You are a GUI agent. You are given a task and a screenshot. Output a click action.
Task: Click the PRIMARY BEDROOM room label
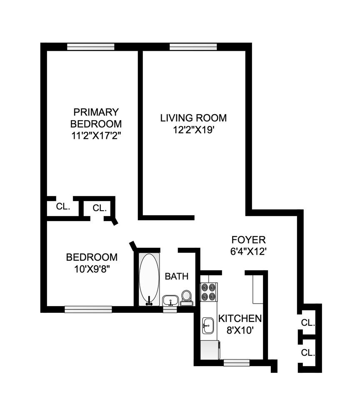click(96, 118)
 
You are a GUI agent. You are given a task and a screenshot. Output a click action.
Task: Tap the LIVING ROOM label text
click(194, 118)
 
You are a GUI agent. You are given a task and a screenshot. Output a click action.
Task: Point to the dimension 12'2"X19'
click(194, 130)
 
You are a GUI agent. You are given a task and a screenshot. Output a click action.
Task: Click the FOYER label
click(248, 240)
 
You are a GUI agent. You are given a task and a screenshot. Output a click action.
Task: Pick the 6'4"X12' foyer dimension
click(248, 251)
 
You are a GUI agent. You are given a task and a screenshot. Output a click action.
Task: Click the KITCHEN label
click(240, 319)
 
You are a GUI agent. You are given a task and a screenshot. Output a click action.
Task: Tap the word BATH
click(177, 276)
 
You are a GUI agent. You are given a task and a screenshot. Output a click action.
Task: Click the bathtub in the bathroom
click(149, 279)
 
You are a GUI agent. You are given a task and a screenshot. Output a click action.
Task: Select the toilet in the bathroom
click(186, 299)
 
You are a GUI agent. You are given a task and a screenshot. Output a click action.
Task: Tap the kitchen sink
click(207, 325)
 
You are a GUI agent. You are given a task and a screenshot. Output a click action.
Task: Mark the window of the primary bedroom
click(91, 47)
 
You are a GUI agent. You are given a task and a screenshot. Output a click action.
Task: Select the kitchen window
click(236, 363)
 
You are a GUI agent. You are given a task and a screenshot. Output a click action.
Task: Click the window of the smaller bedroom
click(88, 309)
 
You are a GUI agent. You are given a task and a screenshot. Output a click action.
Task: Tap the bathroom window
click(170, 309)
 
